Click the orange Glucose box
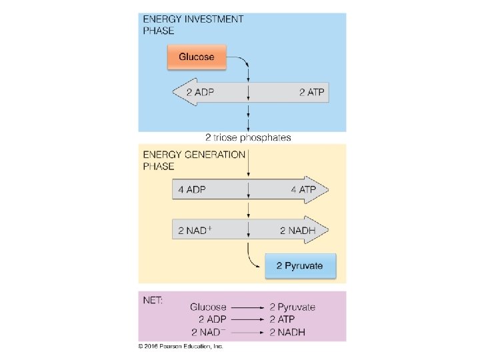click(x=197, y=57)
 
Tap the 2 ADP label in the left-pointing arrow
click(x=200, y=92)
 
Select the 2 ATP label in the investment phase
click(x=311, y=92)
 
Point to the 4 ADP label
click(x=192, y=190)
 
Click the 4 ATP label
click(x=303, y=190)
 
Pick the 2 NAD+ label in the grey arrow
click(x=195, y=231)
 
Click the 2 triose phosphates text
click(x=248, y=138)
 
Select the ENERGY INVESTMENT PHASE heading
click(x=193, y=25)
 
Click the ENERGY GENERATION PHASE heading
click(x=195, y=160)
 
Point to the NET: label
click(x=154, y=301)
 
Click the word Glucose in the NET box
click(x=208, y=307)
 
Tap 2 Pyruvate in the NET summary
click(x=292, y=307)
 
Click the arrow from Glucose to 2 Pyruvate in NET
click(x=247, y=308)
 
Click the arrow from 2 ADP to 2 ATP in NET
click(x=247, y=319)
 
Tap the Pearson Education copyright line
click(x=181, y=347)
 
